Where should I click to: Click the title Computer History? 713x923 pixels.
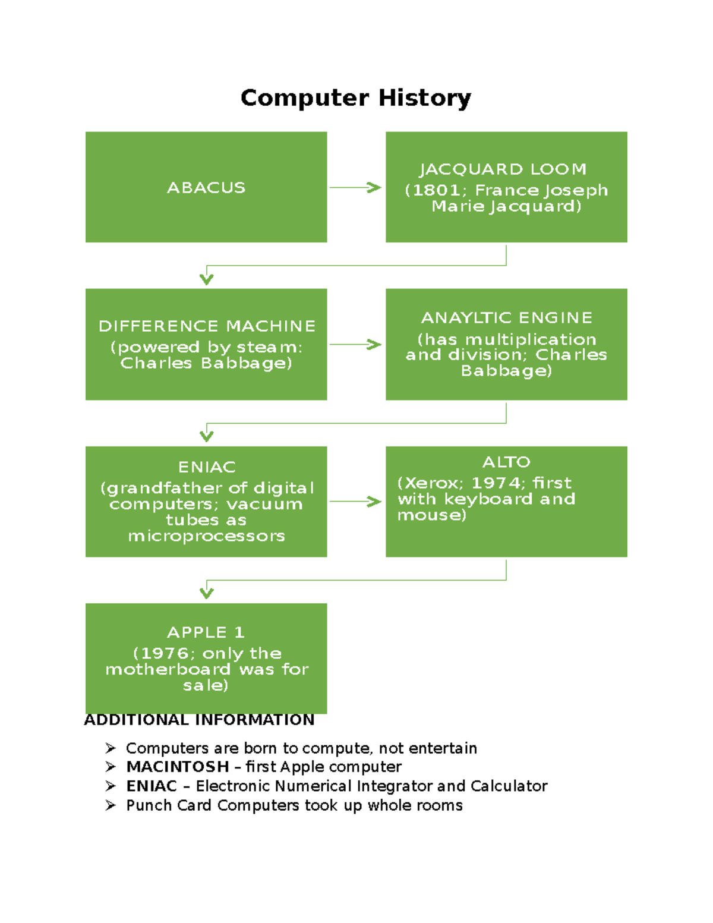click(355, 97)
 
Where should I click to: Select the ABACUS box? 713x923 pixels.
click(206, 187)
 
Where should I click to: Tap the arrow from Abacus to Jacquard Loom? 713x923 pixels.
click(355, 187)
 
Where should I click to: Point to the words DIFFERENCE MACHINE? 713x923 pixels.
click(207, 326)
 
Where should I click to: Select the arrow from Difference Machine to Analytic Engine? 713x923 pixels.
click(355, 344)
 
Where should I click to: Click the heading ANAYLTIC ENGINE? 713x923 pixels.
click(506, 318)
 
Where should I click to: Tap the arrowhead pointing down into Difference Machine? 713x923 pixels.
click(206, 279)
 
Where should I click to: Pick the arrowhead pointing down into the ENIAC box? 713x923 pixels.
click(206, 436)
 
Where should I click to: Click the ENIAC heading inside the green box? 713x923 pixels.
click(207, 467)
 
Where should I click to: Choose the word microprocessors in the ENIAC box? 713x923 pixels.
click(206, 536)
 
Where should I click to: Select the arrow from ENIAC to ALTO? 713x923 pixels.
click(355, 502)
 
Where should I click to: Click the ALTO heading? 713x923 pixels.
click(506, 462)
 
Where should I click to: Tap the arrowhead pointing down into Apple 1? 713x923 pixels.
click(206, 593)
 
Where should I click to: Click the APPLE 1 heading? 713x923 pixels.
click(206, 632)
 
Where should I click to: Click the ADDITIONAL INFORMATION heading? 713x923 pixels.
click(199, 720)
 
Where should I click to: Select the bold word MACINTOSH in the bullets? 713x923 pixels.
click(178, 767)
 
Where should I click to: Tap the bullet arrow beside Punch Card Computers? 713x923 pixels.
click(111, 805)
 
